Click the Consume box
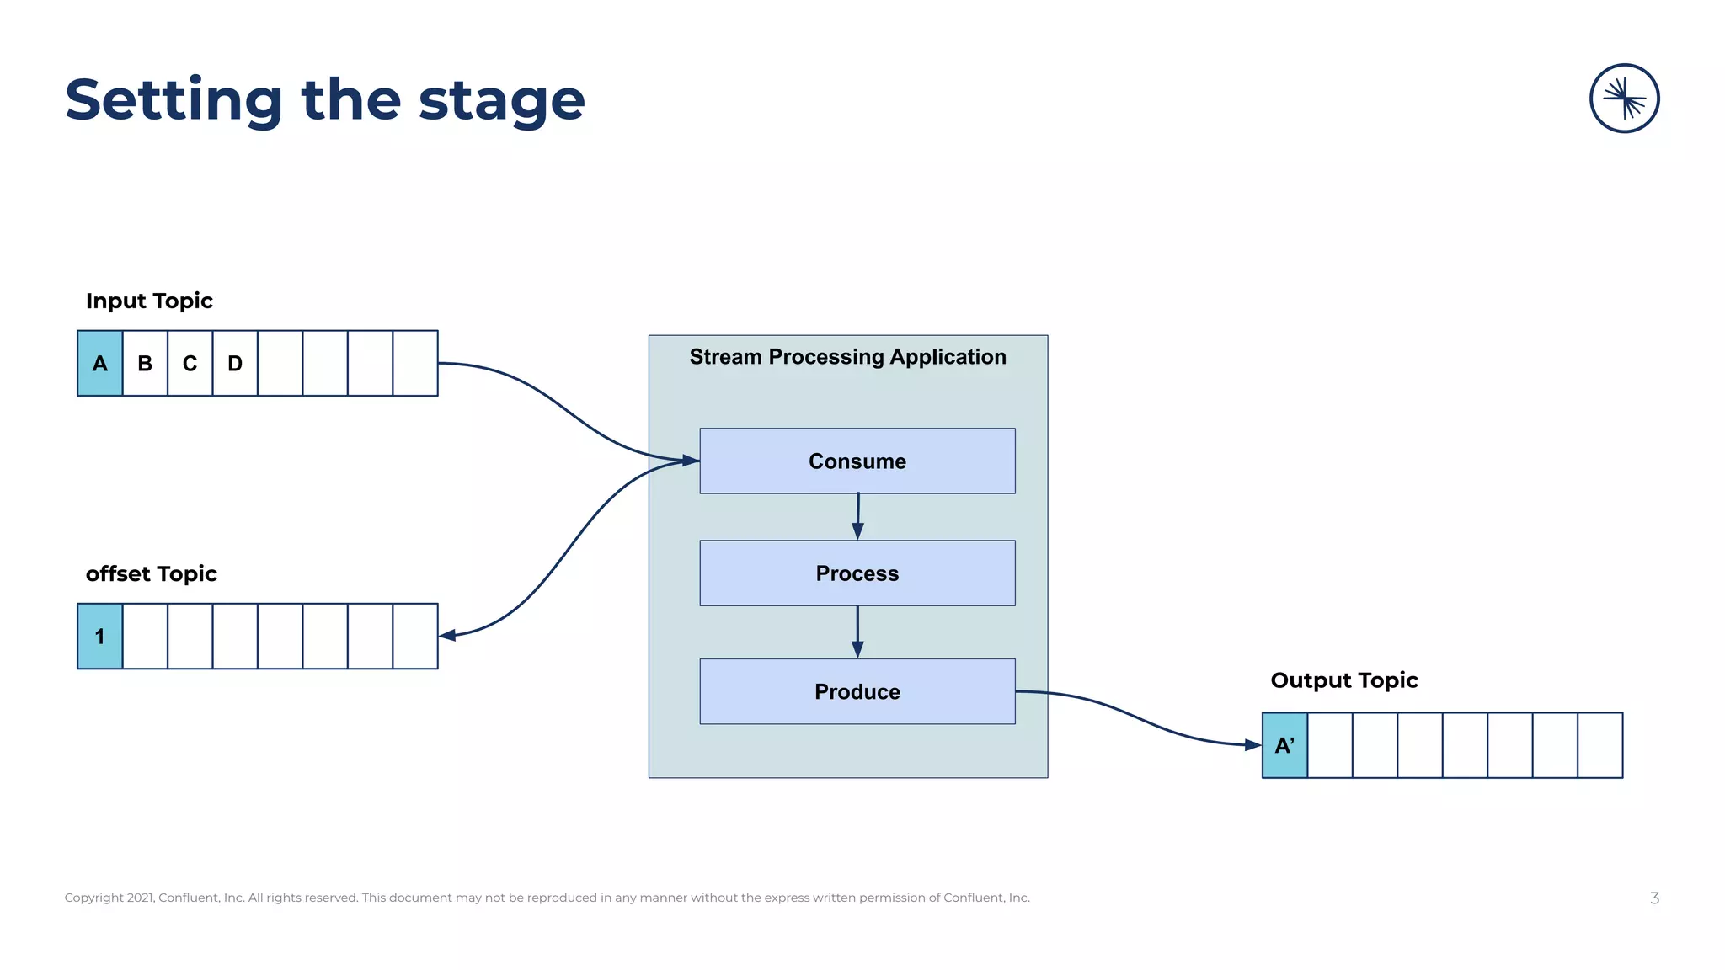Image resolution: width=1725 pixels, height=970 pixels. coord(857,461)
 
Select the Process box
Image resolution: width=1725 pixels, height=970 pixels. coord(857,573)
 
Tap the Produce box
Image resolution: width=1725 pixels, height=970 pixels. coord(857,691)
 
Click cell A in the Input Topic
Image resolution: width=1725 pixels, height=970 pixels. coord(100,363)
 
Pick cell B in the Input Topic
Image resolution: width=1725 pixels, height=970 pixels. coord(145,363)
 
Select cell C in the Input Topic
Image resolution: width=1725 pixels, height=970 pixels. coord(190,363)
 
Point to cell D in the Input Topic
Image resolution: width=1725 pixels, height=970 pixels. coord(235,363)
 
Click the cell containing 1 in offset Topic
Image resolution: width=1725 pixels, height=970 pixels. coord(100,636)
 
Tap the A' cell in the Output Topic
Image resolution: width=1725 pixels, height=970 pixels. coord(1284,745)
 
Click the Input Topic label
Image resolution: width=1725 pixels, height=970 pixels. coord(149,301)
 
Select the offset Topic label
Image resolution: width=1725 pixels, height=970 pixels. coord(152,573)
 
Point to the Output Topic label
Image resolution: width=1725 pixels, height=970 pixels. coord(1344,680)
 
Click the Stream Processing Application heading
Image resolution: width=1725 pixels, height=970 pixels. coord(847,357)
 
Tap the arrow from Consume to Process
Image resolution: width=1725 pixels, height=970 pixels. coord(857,515)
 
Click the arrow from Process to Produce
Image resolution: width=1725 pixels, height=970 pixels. coord(857,631)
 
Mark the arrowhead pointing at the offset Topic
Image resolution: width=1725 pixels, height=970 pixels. coord(448,635)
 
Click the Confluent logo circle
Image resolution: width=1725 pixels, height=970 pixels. coord(1624,99)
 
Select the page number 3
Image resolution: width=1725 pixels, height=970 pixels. coord(1654,898)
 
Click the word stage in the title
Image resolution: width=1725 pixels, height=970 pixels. coord(501,101)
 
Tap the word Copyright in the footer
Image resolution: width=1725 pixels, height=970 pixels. coord(93,898)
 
